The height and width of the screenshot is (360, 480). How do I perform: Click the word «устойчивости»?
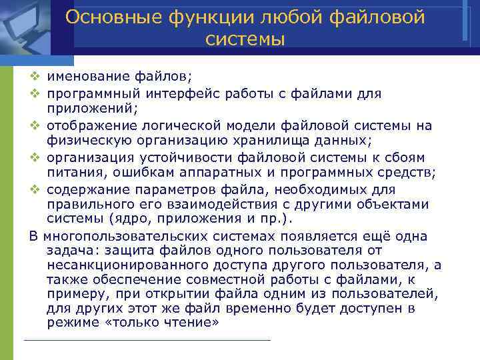[x=179, y=157]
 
